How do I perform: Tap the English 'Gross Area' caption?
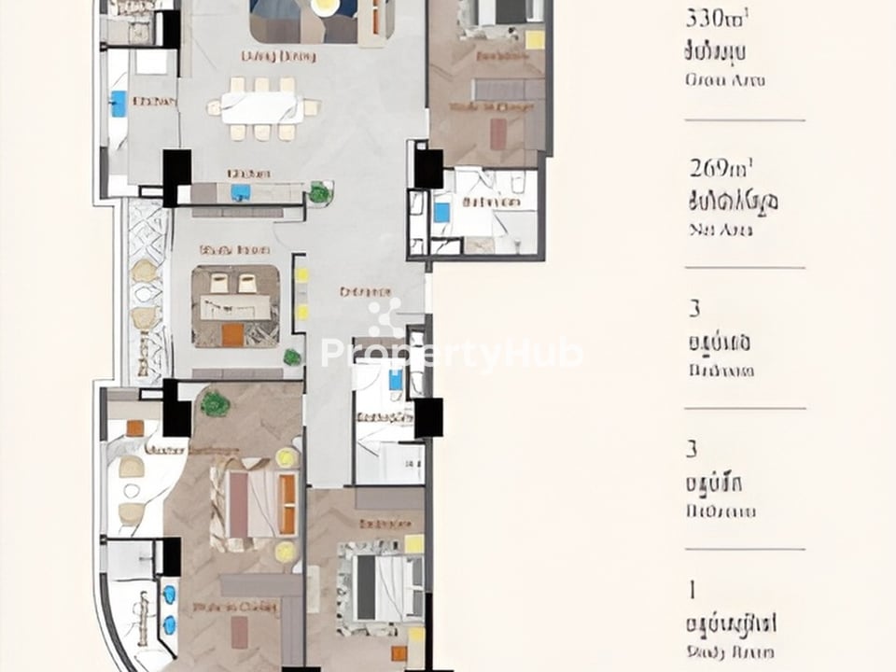coord(724,80)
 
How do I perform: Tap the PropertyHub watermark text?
coord(453,353)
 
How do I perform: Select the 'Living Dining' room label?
coord(278,57)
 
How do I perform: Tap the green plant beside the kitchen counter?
coord(320,193)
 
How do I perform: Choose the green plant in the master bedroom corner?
coord(215,404)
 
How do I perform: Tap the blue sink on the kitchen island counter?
coord(241,192)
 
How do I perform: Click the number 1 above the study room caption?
coord(693,590)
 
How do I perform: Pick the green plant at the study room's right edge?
coord(293,357)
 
